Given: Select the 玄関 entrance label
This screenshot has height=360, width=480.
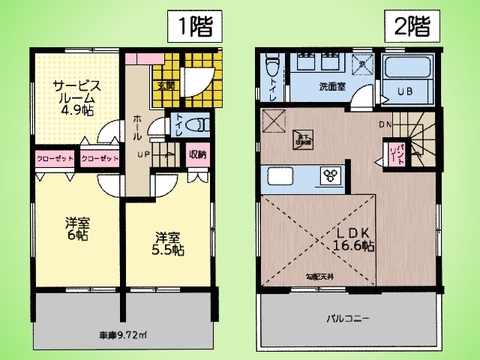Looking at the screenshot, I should pos(163,86).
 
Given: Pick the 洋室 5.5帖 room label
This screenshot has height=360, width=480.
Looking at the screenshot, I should pos(169,243).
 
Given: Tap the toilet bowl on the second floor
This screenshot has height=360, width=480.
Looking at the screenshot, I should pos(273,73).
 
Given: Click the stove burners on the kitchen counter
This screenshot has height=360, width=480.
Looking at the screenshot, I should pos(330,176).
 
